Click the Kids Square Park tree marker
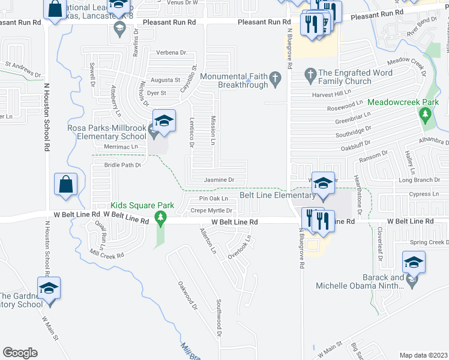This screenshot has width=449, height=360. tap(160, 218)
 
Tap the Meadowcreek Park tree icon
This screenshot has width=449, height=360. tap(426, 114)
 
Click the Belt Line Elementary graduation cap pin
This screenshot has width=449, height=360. tap(324, 184)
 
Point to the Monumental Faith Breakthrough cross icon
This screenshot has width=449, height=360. tap(275, 77)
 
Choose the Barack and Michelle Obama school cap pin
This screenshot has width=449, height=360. tap(414, 262)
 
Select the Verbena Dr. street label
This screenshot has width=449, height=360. tap(160, 53)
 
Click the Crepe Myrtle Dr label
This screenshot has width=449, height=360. tap(211, 211)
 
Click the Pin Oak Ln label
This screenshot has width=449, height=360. tap(213, 199)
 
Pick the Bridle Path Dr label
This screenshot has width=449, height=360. tap(122, 165)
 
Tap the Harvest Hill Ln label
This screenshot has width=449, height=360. tap(331, 95)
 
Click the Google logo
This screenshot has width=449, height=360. tap(20, 353)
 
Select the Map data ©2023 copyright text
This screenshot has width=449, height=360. tap(423, 355)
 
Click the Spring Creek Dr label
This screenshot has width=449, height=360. tap(426, 242)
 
